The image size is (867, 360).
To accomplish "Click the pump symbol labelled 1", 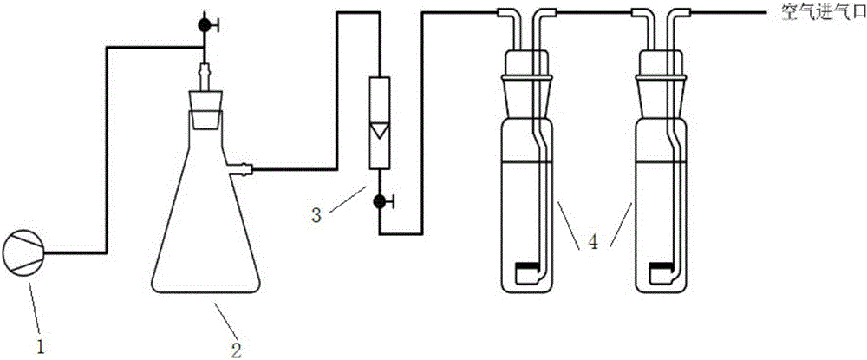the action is pos(23,254).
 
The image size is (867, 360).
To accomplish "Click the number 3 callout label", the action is pos(316,214).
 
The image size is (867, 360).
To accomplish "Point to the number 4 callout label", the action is pos(593,242).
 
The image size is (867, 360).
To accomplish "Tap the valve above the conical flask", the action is pos(205,25).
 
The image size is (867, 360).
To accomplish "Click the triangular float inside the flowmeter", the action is pos(380,130).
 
